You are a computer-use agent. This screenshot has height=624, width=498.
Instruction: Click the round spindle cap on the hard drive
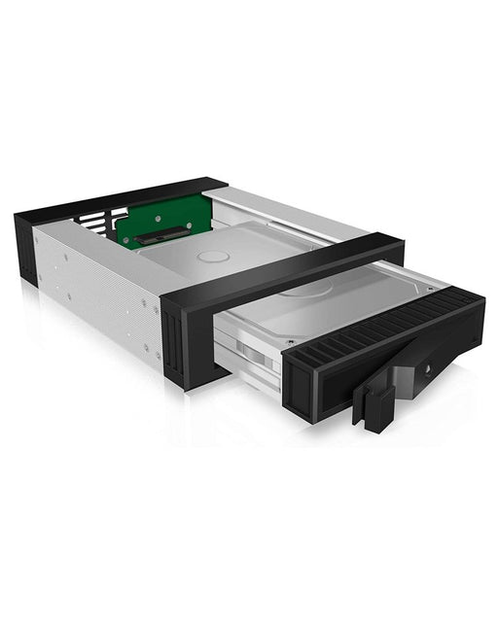tap(215, 257)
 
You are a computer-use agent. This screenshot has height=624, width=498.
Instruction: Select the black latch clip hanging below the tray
tap(373, 404)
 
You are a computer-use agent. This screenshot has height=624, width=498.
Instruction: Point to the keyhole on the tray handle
tap(428, 369)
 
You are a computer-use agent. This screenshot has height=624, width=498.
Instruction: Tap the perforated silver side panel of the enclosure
tap(97, 292)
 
